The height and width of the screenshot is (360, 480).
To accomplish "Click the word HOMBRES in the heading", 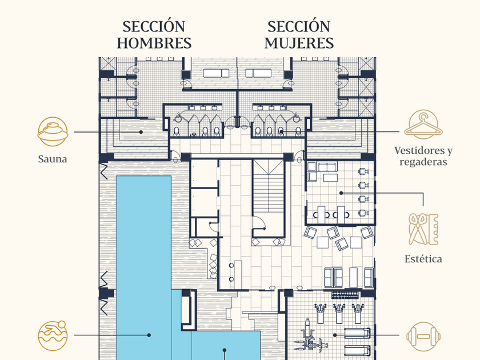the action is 154,43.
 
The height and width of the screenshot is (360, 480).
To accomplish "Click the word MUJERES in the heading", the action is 299,43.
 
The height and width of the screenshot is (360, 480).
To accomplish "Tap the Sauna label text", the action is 53,159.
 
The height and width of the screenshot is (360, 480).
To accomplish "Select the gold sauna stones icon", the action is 53,131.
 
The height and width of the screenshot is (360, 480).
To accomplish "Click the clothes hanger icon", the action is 423,125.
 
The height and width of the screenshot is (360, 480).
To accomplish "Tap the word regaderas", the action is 423,162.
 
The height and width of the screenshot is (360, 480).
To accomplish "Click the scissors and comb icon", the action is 423,230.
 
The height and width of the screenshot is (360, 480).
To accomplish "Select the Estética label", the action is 423,259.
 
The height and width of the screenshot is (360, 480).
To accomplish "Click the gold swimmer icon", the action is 53,335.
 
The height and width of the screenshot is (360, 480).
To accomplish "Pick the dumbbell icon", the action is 423,337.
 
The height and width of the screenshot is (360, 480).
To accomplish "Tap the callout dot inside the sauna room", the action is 141,132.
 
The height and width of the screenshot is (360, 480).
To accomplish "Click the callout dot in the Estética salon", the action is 341,193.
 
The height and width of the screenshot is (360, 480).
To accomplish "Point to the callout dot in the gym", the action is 335,335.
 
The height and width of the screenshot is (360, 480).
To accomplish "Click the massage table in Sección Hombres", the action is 216,73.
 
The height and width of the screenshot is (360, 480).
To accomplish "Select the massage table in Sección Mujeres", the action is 258,73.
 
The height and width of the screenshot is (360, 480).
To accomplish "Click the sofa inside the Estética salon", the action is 327,167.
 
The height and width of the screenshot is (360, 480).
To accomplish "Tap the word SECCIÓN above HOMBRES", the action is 154,27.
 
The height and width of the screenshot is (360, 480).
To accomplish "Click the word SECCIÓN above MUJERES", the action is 299,27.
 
